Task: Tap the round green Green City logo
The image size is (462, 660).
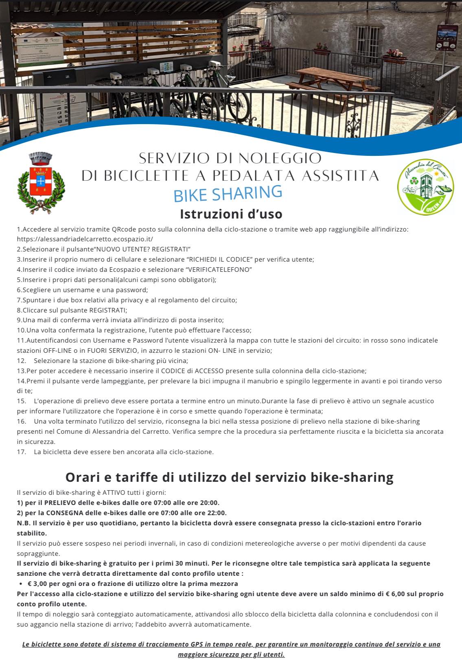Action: (425, 186)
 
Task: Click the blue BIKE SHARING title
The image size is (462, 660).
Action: (228, 193)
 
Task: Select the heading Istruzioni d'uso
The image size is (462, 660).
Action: (231, 214)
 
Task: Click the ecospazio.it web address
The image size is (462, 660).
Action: (85, 239)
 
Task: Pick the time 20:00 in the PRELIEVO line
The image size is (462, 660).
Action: (210, 503)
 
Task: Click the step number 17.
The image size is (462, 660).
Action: (21, 452)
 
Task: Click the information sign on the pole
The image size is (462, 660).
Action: (447, 38)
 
